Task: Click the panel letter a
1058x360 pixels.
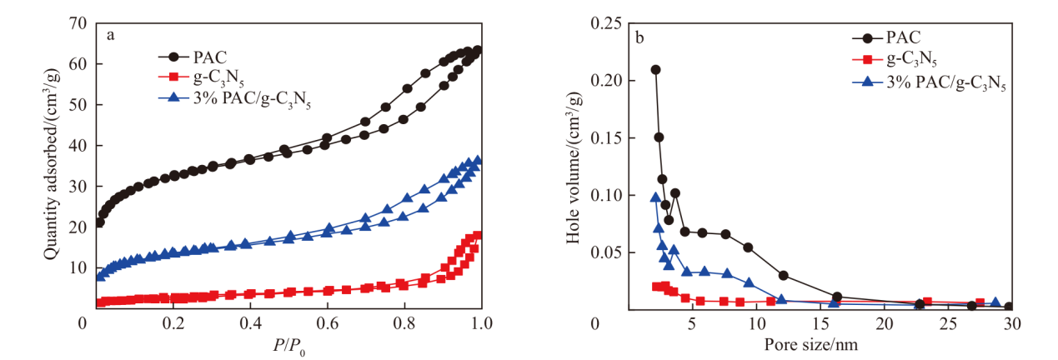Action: [x=111, y=36]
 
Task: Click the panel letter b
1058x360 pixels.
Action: [x=639, y=37]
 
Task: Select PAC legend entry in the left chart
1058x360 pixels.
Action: [x=193, y=57]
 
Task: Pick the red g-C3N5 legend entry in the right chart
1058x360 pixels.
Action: [x=895, y=59]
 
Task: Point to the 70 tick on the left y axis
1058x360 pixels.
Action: [x=78, y=22]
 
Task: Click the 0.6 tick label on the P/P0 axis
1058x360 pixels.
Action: [x=328, y=323]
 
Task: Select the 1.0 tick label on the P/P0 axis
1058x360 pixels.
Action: [x=482, y=323]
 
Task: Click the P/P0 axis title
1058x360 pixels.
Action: [x=288, y=347]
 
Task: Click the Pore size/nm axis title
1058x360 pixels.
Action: [x=811, y=344]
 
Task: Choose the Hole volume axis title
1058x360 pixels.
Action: [x=574, y=167]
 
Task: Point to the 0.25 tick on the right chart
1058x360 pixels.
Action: [x=606, y=22]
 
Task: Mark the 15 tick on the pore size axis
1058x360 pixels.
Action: [x=820, y=323]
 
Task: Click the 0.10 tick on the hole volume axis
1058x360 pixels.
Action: [x=606, y=195]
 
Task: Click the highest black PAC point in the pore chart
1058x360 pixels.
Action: [x=655, y=70]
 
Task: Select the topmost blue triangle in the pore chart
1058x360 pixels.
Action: [x=655, y=197]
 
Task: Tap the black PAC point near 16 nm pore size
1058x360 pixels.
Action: [x=837, y=297]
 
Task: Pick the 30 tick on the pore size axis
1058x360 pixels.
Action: [x=1011, y=323]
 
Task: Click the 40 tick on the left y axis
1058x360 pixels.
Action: [x=78, y=145]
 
